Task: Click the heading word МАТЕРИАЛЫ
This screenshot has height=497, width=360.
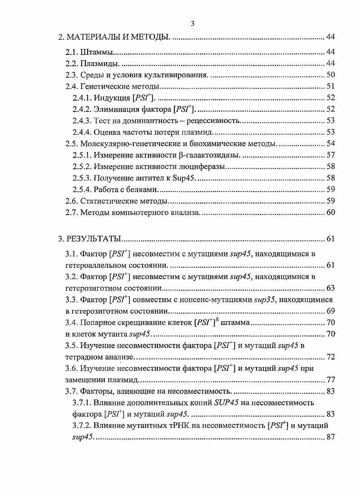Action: click(x=94, y=36)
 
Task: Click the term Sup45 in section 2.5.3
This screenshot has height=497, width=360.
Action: click(x=185, y=178)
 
